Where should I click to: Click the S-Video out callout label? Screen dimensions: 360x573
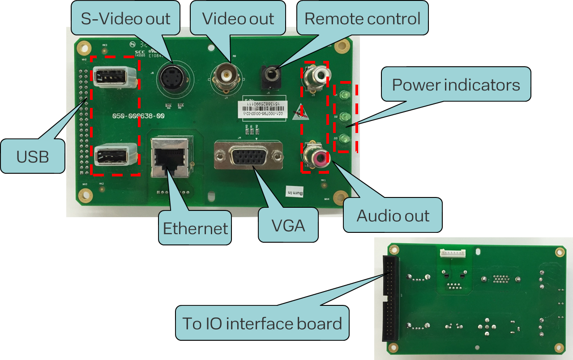point(125,19)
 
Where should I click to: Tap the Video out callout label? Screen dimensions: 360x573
point(238,18)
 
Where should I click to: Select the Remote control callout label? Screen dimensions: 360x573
point(362,18)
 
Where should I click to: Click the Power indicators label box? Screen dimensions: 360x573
point(456,84)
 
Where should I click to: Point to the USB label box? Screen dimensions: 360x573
point(32,156)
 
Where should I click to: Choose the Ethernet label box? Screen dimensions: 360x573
point(195,228)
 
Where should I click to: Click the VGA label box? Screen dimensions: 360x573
point(288,225)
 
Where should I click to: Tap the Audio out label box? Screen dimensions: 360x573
point(393,215)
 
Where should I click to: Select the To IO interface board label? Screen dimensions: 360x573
point(262,323)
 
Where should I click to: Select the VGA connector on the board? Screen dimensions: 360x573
point(249,155)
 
